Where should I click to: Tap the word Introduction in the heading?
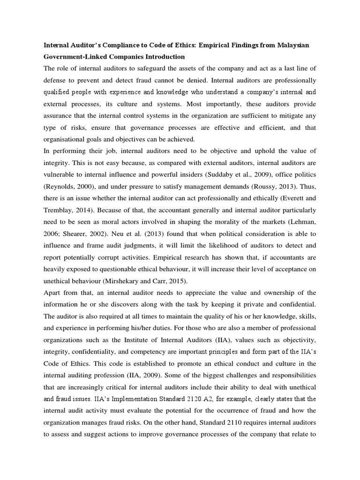162,57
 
